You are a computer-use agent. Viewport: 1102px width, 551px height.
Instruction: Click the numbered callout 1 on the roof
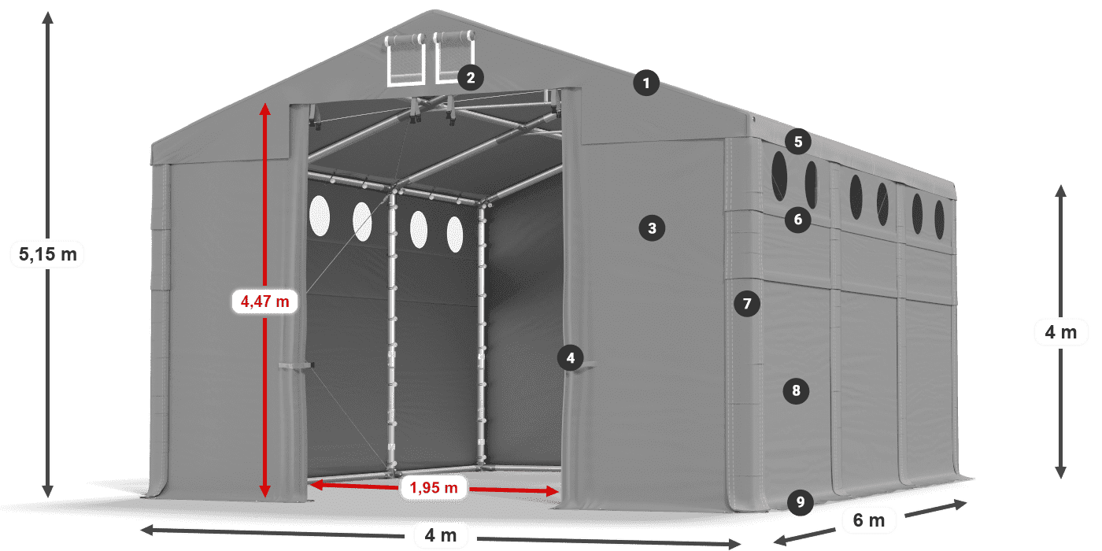[x=646, y=83]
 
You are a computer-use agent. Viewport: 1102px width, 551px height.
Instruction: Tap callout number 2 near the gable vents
[x=471, y=78]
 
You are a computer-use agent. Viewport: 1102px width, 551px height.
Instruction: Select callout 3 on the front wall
[x=652, y=228]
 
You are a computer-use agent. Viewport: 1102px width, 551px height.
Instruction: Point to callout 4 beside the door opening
[x=571, y=357]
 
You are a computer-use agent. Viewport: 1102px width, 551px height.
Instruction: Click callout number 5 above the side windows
[x=798, y=142]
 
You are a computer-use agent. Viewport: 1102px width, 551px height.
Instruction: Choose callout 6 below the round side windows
[x=798, y=220]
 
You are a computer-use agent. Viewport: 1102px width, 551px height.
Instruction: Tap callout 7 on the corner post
[x=747, y=304]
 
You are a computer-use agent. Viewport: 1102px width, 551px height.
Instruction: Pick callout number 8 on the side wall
[x=796, y=390]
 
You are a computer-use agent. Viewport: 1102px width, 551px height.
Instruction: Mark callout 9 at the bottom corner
[x=801, y=502]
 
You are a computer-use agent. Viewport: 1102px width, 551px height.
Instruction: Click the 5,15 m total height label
[x=48, y=254]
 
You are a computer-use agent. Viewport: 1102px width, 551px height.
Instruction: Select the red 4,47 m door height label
[x=264, y=301]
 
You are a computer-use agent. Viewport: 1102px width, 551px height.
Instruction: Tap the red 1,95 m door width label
[x=434, y=487]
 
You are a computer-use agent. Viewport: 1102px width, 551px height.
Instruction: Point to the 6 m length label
[x=869, y=520]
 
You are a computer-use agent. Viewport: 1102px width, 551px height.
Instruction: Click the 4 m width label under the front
[x=441, y=534]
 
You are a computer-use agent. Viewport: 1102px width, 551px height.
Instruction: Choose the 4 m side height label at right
[x=1061, y=332]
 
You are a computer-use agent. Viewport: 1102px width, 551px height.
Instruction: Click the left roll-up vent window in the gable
[x=405, y=60]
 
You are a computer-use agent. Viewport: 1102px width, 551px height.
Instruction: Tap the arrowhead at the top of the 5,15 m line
[x=47, y=17]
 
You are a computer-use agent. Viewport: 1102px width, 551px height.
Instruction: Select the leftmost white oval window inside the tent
[x=320, y=216]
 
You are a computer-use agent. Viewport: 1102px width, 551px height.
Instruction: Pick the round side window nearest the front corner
[x=779, y=176]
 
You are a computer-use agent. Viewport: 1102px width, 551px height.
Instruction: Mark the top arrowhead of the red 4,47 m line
[x=264, y=109]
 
